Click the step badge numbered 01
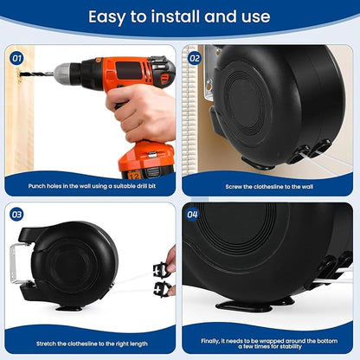tap(16, 59)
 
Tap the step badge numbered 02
tap(195, 59)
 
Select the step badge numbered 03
tap(16, 215)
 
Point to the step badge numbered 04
tap(192, 215)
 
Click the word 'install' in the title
tap(176, 16)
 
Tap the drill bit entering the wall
tap(37, 74)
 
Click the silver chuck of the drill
tap(62, 74)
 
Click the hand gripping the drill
tap(141, 112)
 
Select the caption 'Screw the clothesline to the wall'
tap(269, 187)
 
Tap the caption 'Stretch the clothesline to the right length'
tap(92, 344)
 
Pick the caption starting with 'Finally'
tap(269, 344)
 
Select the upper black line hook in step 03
tap(161, 269)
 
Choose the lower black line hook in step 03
tap(162, 289)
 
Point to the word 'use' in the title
tap(256, 16)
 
